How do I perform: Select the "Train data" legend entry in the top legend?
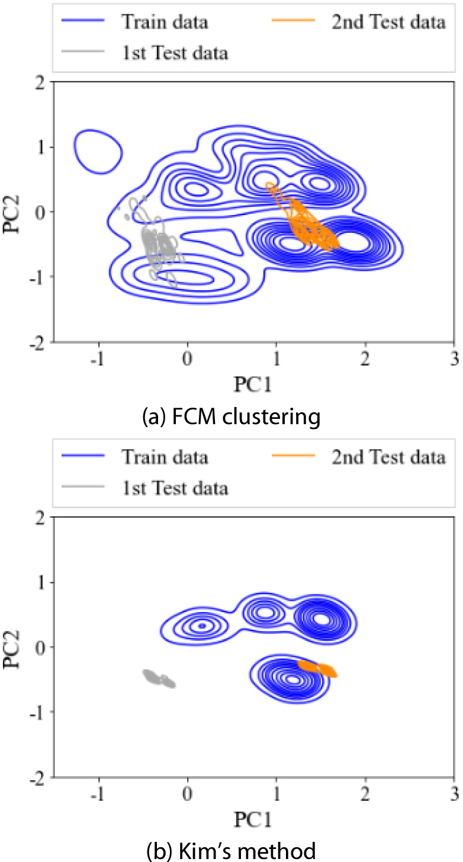click(x=165, y=23)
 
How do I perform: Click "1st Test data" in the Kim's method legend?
click(x=175, y=488)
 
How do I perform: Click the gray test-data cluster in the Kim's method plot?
click(x=159, y=678)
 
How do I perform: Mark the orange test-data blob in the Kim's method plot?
click(x=318, y=668)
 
